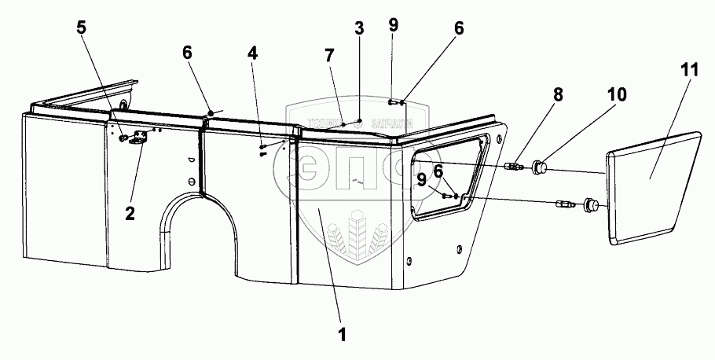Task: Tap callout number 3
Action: click(x=358, y=30)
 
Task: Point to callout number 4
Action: click(x=251, y=55)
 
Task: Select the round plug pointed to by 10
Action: click(x=539, y=166)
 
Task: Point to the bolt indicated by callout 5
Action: click(x=124, y=139)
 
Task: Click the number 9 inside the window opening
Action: click(x=422, y=179)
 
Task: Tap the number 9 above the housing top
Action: click(x=393, y=24)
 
